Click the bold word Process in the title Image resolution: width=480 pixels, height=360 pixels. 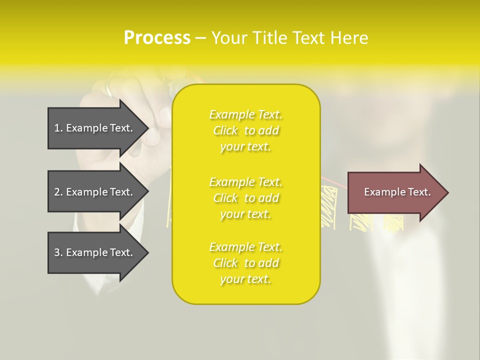[157, 38]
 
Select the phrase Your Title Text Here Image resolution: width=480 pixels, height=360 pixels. [289, 38]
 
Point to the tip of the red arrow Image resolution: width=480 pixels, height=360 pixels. [447, 192]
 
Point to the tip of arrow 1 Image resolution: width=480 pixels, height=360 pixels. [147, 128]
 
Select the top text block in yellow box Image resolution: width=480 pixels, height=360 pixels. [245, 130]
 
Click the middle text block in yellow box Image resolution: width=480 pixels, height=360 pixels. [245, 198]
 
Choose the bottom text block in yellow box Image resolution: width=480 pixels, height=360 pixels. [245, 263]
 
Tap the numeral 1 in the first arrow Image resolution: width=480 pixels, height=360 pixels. [57, 128]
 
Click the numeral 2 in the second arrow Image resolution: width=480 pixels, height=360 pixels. [57, 192]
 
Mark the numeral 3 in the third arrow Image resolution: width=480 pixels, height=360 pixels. [57, 252]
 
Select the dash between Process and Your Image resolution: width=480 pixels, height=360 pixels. [200, 38]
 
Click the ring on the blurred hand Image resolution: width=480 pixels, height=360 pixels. [109, 89]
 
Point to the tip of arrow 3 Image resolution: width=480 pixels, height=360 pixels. [147, 252]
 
